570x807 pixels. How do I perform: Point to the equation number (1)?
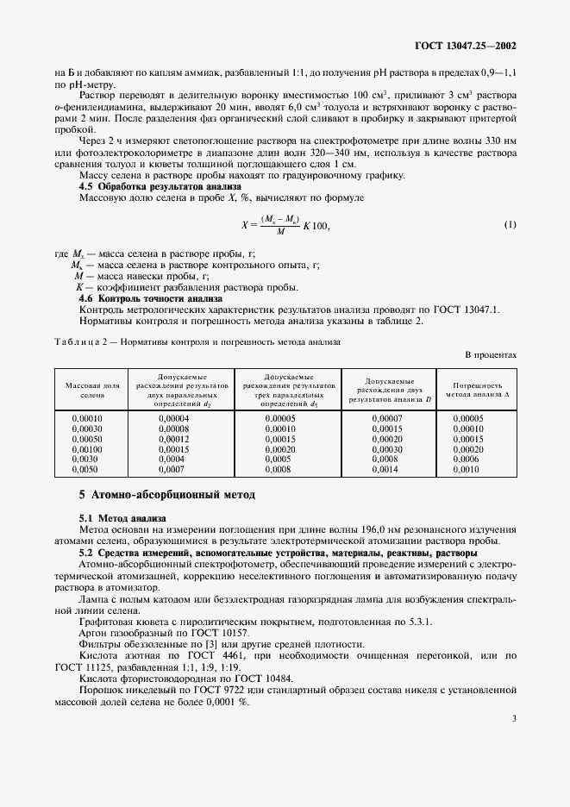[510, 225]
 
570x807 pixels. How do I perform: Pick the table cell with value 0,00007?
[385, 418]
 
